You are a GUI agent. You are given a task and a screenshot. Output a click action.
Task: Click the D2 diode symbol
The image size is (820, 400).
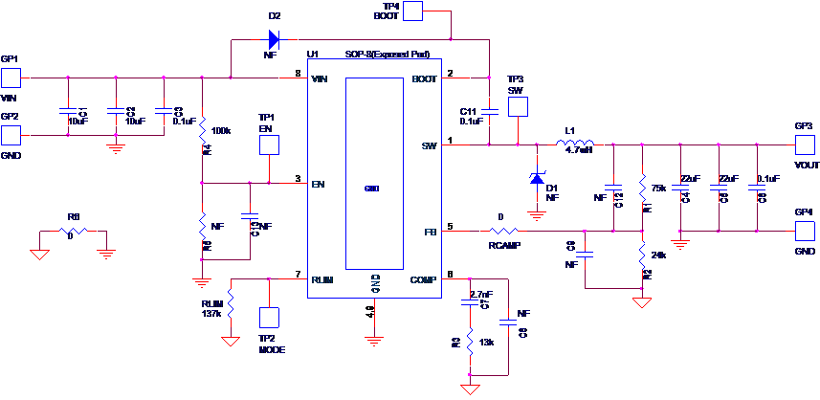tap(274, 39)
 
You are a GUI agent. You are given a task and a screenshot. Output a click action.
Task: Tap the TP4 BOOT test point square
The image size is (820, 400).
tap(412, 11)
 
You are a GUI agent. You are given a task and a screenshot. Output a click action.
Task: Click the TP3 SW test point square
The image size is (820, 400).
tap(517, 102)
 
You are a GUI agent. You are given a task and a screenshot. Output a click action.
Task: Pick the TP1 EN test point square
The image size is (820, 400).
tap(269, 144)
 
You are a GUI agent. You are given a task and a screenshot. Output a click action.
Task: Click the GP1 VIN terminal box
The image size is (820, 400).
tap(11, 78)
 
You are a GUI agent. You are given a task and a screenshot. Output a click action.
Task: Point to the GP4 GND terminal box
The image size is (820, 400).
tap(806, 231)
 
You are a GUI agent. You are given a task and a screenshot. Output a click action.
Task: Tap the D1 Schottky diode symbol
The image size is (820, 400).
tap(537, 178)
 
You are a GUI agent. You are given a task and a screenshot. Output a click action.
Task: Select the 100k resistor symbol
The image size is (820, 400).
tap(202, 136)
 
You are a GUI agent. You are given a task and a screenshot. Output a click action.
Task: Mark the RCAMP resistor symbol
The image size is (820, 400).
tap(503, 231)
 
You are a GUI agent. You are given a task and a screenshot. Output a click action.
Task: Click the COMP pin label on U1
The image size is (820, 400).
tap(423, 279)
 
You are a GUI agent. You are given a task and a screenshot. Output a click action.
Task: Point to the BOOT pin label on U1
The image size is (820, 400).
tap(423, 78)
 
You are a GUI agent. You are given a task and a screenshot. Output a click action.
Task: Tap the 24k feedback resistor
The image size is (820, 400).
tap(642, 255)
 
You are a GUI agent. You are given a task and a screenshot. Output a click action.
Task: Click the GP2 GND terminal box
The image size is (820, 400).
tap(11, 135)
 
